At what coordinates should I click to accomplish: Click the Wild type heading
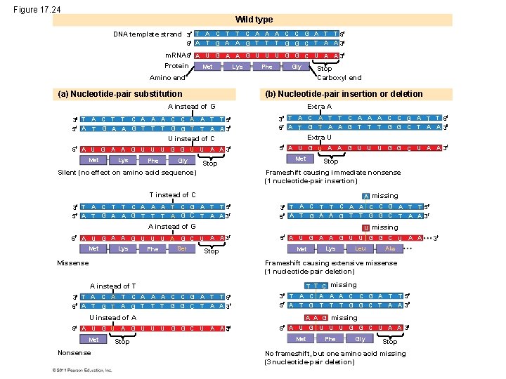pos(254,20)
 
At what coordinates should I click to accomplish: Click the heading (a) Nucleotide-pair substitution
pos(113,93)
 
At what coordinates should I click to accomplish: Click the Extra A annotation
pos(319,106)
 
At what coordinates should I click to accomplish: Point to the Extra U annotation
pos(319,137)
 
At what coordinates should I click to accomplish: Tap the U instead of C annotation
pos(190,138)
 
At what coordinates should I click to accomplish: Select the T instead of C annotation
pos(172,194)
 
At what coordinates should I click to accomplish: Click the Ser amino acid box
pos(182,248)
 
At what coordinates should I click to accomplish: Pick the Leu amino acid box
pos(361,248)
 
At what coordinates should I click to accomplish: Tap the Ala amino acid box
pos(390,248)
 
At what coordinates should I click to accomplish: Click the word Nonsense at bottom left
pos(74,353)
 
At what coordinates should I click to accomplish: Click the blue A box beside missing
pos(366,196)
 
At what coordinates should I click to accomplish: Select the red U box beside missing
pos(366,227)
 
